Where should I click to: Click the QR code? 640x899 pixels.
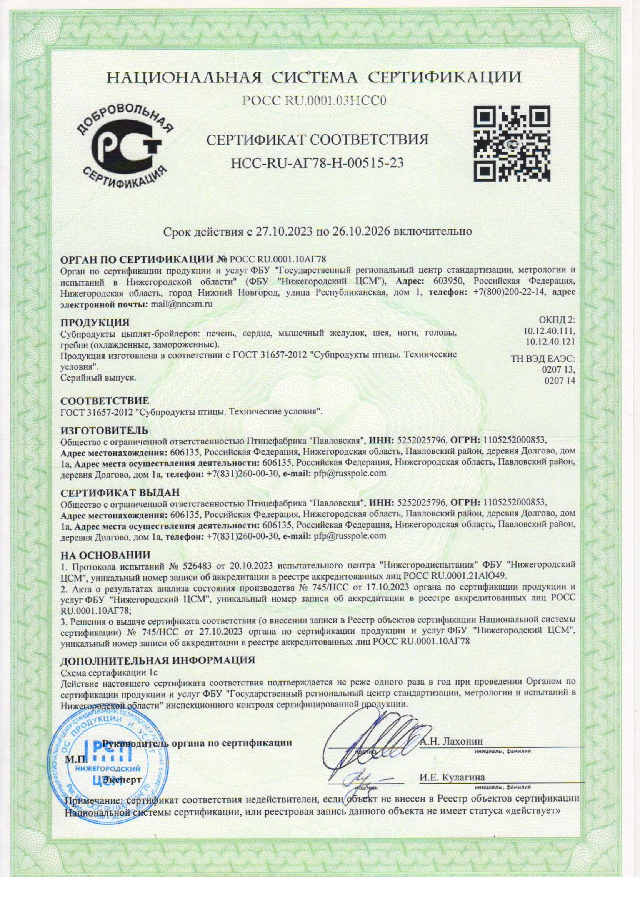click(x=512, y=145)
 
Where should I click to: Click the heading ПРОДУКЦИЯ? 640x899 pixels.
click(x=95, y=323)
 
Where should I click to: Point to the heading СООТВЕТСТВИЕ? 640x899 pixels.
click(x=105, y=401)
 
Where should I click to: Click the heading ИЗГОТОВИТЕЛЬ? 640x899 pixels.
click(x=105, y=430)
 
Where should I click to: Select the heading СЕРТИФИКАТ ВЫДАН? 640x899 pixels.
click(x=120, y=493)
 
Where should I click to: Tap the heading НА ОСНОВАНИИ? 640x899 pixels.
click(x=105, y=555)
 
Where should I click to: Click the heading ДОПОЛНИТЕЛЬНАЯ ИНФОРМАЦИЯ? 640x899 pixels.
click(x=158, y=660)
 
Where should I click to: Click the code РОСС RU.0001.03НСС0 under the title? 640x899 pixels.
click(x=314, y=101)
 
